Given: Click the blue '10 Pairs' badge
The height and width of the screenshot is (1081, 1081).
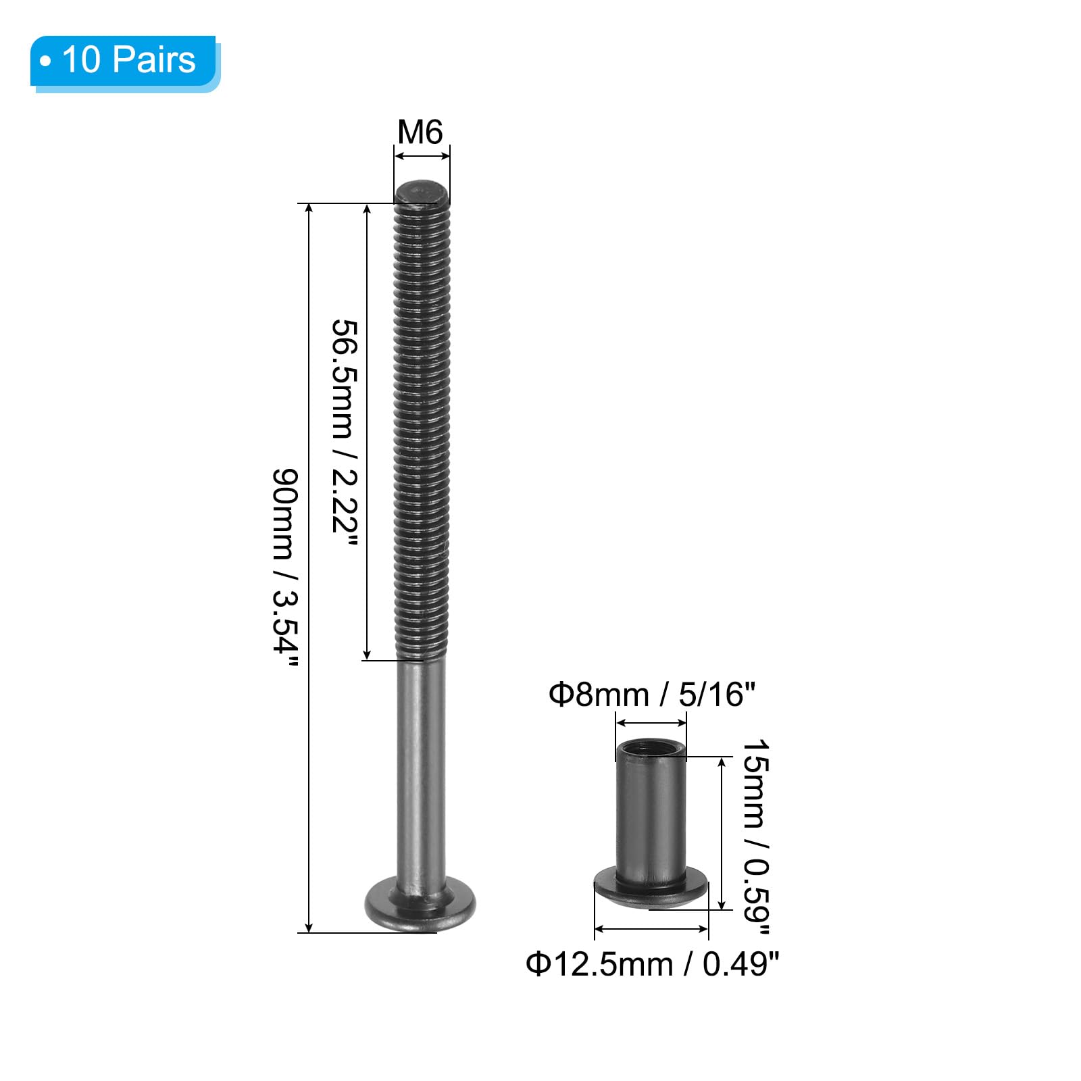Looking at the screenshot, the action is [x=125, y=62].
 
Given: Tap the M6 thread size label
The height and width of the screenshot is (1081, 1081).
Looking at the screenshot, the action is [x=420, y=132].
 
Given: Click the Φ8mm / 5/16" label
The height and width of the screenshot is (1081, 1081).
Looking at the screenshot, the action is [x=651, y=694].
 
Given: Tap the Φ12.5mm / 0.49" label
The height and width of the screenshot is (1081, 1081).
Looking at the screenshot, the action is [x=653, y=963].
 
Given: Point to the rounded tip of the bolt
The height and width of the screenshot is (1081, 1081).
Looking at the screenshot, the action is [x=422, y=192].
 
